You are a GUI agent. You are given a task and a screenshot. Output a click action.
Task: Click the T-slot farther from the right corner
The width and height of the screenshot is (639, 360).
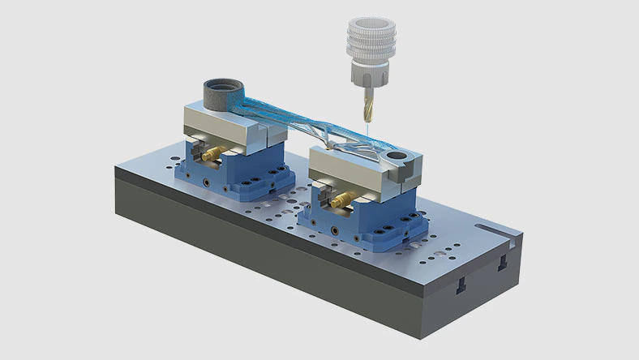pos(461,283)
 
